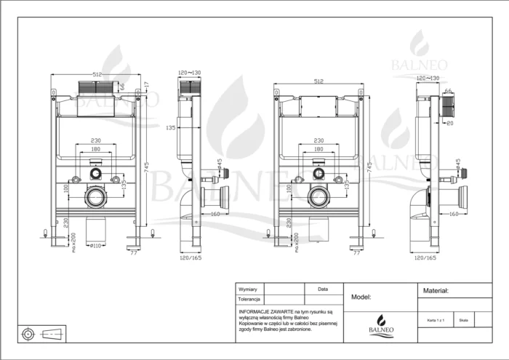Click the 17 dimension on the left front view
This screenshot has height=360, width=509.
point(146,85)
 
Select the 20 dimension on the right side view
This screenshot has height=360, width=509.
point(450,123)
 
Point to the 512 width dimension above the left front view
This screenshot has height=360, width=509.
point(97,75)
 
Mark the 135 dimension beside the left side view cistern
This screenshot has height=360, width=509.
point(170,128)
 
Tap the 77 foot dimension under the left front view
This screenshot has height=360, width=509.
point(133,253)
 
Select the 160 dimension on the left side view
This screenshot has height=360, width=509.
point(216,214)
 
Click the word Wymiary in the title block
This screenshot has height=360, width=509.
point(248,289)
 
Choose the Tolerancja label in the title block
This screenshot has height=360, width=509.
point(249,299)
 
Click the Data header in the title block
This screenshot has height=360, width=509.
point(323,289)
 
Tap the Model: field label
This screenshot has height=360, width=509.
point(361,297)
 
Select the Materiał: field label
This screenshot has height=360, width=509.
point(436,290)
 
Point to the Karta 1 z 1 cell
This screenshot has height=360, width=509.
point(435,319)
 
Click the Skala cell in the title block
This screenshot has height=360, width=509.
point(463,319)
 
